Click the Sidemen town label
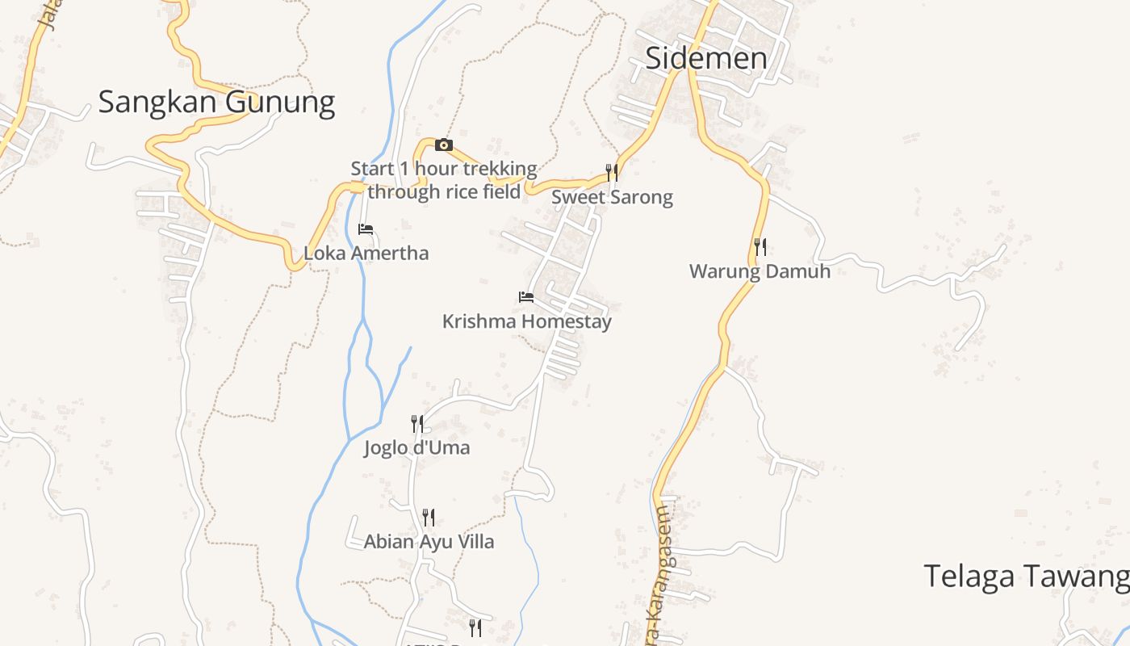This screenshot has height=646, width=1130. tap(706, 58)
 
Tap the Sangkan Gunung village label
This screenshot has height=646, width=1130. tap(216, 103)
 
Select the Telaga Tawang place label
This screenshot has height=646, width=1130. tap(1026, 577)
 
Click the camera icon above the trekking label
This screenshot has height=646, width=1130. tap(443, 145)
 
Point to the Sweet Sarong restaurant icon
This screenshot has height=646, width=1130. tap(612, 172)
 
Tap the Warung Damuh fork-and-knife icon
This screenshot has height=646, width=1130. tap(760, 246)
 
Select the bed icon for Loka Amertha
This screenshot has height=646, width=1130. tap(366, 229)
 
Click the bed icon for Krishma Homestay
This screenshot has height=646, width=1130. tap(526, 297)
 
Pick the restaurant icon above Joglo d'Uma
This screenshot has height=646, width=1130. tap(417, 423)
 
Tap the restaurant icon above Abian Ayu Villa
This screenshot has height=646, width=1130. tap(429, 517)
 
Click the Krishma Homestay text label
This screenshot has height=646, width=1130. tap(527, 321)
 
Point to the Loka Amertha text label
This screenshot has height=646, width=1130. tap(366, 254)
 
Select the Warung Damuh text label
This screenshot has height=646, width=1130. tap(760, 271)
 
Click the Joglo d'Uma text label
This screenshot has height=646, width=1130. tap(416, 448)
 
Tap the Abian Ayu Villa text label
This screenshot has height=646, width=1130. tap(429, 542)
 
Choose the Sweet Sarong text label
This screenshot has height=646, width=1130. tap(612, 198)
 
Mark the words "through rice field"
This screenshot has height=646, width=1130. tap(444, 192)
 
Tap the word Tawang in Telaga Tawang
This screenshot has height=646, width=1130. tap(1080, 577)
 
